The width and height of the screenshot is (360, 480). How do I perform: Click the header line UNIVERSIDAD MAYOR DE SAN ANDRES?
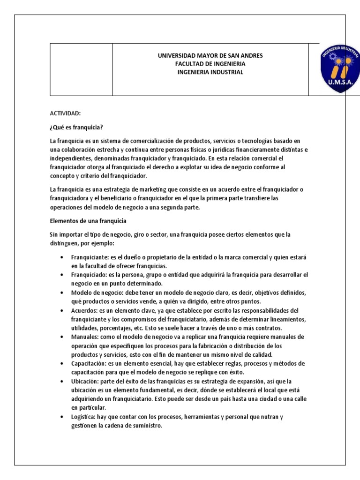coord(210,56)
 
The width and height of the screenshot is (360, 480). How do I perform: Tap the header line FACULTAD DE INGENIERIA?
coord(210,64)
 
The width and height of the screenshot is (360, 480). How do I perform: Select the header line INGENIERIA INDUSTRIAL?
coord(210,72)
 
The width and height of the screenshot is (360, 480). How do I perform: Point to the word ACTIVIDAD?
coord(66,113)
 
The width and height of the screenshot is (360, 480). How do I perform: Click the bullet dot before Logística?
coord(63,417)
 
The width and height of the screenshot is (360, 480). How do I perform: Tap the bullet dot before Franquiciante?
coord(63,258)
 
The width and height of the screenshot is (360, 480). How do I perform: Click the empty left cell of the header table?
coord(82,70)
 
